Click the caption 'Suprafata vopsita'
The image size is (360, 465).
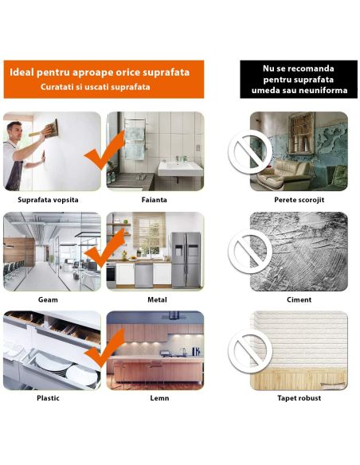48,200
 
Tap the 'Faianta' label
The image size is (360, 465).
155,200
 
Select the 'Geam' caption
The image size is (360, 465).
48,299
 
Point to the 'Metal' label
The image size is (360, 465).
157,299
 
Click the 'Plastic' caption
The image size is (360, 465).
48,398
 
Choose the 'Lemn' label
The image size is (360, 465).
159,398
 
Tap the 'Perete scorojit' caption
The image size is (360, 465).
299,200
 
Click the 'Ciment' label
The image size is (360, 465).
299,299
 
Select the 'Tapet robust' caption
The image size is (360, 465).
299,398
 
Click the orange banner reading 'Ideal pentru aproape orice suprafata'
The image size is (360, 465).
104,79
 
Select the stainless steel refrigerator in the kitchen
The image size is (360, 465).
186,260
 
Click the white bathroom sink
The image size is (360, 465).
180,169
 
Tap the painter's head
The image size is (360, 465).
15,131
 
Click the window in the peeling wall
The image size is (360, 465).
302,133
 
